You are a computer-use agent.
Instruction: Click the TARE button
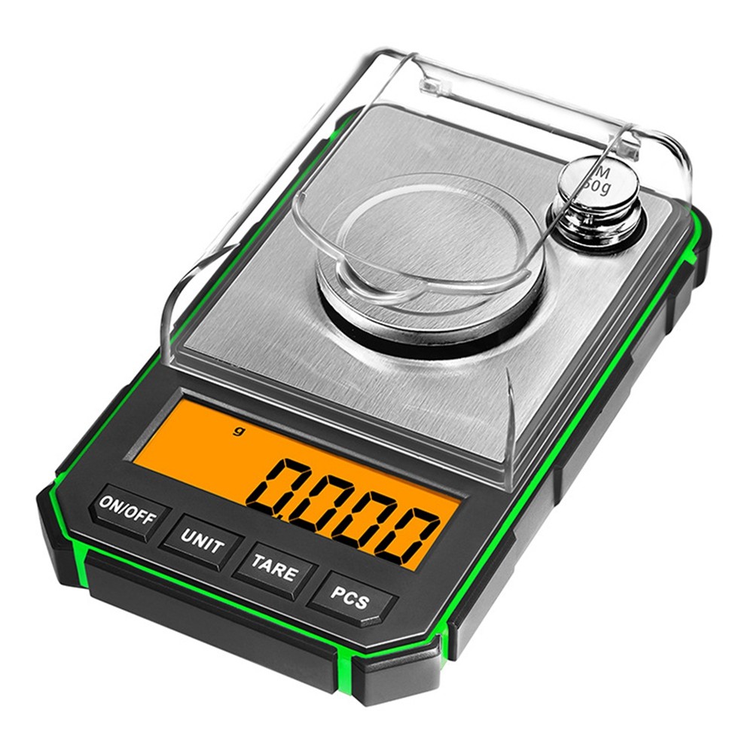(x=274, y=569)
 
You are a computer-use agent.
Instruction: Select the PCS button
(x=352, y=599)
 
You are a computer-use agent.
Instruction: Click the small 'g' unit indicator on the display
(x=237, y=431)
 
